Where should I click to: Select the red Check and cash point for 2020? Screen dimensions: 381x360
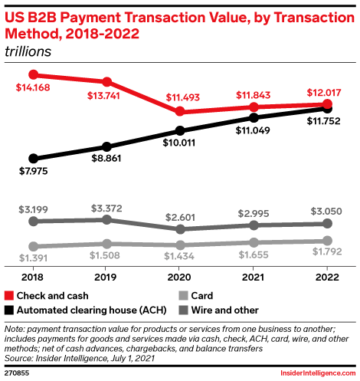point(180,111)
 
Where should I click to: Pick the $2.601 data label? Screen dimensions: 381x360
point(180,215)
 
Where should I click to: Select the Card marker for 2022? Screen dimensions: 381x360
point(327,241)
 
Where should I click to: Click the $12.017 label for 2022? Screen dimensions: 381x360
point(324,92)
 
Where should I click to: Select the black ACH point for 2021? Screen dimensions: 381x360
point(254,118)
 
